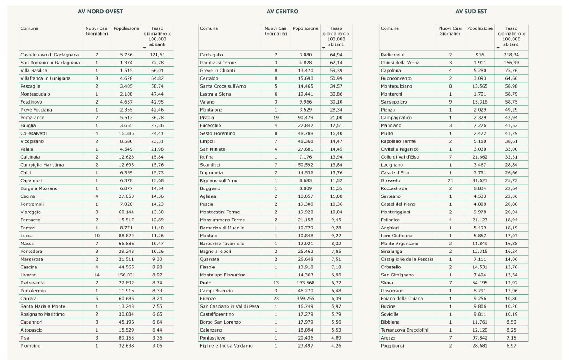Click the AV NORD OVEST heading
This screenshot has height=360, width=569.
pyautogui.click(x=100, y=12)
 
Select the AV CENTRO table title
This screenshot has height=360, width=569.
pyautogui.click(x=282, y=12)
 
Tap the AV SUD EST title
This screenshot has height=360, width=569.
pyautogui.click(x=471, y=12)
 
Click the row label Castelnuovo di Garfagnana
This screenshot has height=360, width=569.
pyautogui.click(x=49, y=55)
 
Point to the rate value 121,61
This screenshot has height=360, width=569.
pyautogui.click(x=157, y=55)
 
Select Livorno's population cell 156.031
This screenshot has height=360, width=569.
pyautogui.click(x=126, y=275)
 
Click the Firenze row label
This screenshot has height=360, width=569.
pyautogui.click(x=208, y=299)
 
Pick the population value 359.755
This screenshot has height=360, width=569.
pyautogui.click(x=305, y=299)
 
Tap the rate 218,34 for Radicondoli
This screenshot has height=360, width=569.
pyautogui.click(x=511, y=55)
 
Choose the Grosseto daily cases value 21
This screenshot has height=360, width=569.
pyautogui.click(x=450, y=181)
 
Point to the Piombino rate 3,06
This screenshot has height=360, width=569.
pyautogui.click(x=157, y=346)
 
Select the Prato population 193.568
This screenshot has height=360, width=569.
pyautogui.click(x=305, y=283)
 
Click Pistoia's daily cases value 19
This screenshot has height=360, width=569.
pyautogui.click(x=276, y=118)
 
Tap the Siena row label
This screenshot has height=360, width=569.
pyautogui.click(x=387, y=283)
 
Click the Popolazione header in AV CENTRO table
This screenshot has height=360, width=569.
pyautogui.click(x=305, y=28)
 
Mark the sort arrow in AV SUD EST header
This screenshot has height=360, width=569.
pyautogui.click(x=498, y=48)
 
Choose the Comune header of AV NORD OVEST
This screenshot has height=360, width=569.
pyautogui.click(x=29, y=28)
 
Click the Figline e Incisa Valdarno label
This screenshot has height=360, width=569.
pyautogui.click(x=226, y=346)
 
